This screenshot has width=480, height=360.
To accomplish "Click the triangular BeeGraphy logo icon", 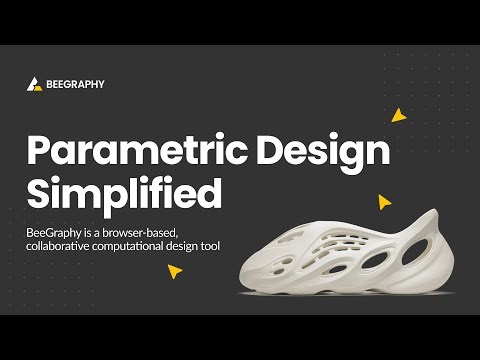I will [x=34, y=84].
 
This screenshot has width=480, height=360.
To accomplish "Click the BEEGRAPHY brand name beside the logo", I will [x=75, y=84].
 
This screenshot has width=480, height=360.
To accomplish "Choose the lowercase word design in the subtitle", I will [x=202, y=246].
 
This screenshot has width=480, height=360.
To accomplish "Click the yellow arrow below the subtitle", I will [x=176, y=270].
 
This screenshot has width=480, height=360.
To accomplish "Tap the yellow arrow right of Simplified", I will [x=384, y=202].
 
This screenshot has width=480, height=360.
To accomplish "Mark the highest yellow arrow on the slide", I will [x=399, y=114].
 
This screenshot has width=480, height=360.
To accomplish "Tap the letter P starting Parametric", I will [x=39, y=150].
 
